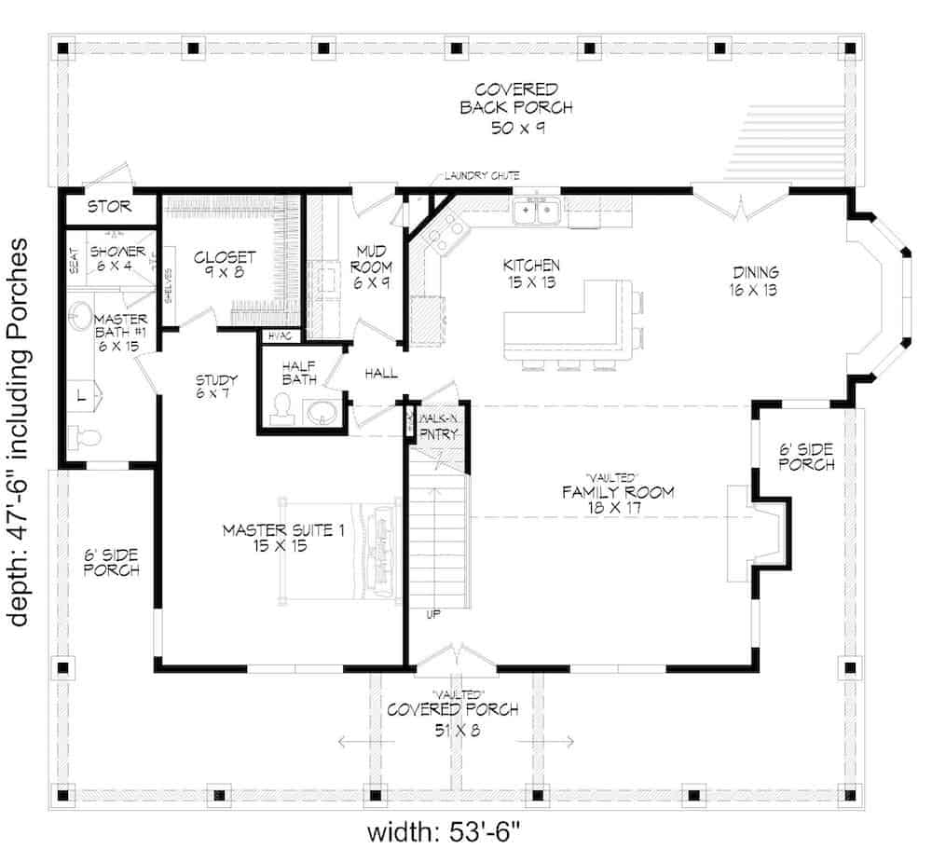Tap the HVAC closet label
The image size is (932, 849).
click(x=279, y=335)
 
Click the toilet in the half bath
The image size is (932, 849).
click(x=281, y=408)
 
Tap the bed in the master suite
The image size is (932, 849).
click(x=373, y=553)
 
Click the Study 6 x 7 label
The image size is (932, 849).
click(x=216, y=387)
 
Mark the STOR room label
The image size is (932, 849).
click(x=109, y=206)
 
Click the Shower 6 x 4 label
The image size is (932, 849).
click(x=116, y=259)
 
